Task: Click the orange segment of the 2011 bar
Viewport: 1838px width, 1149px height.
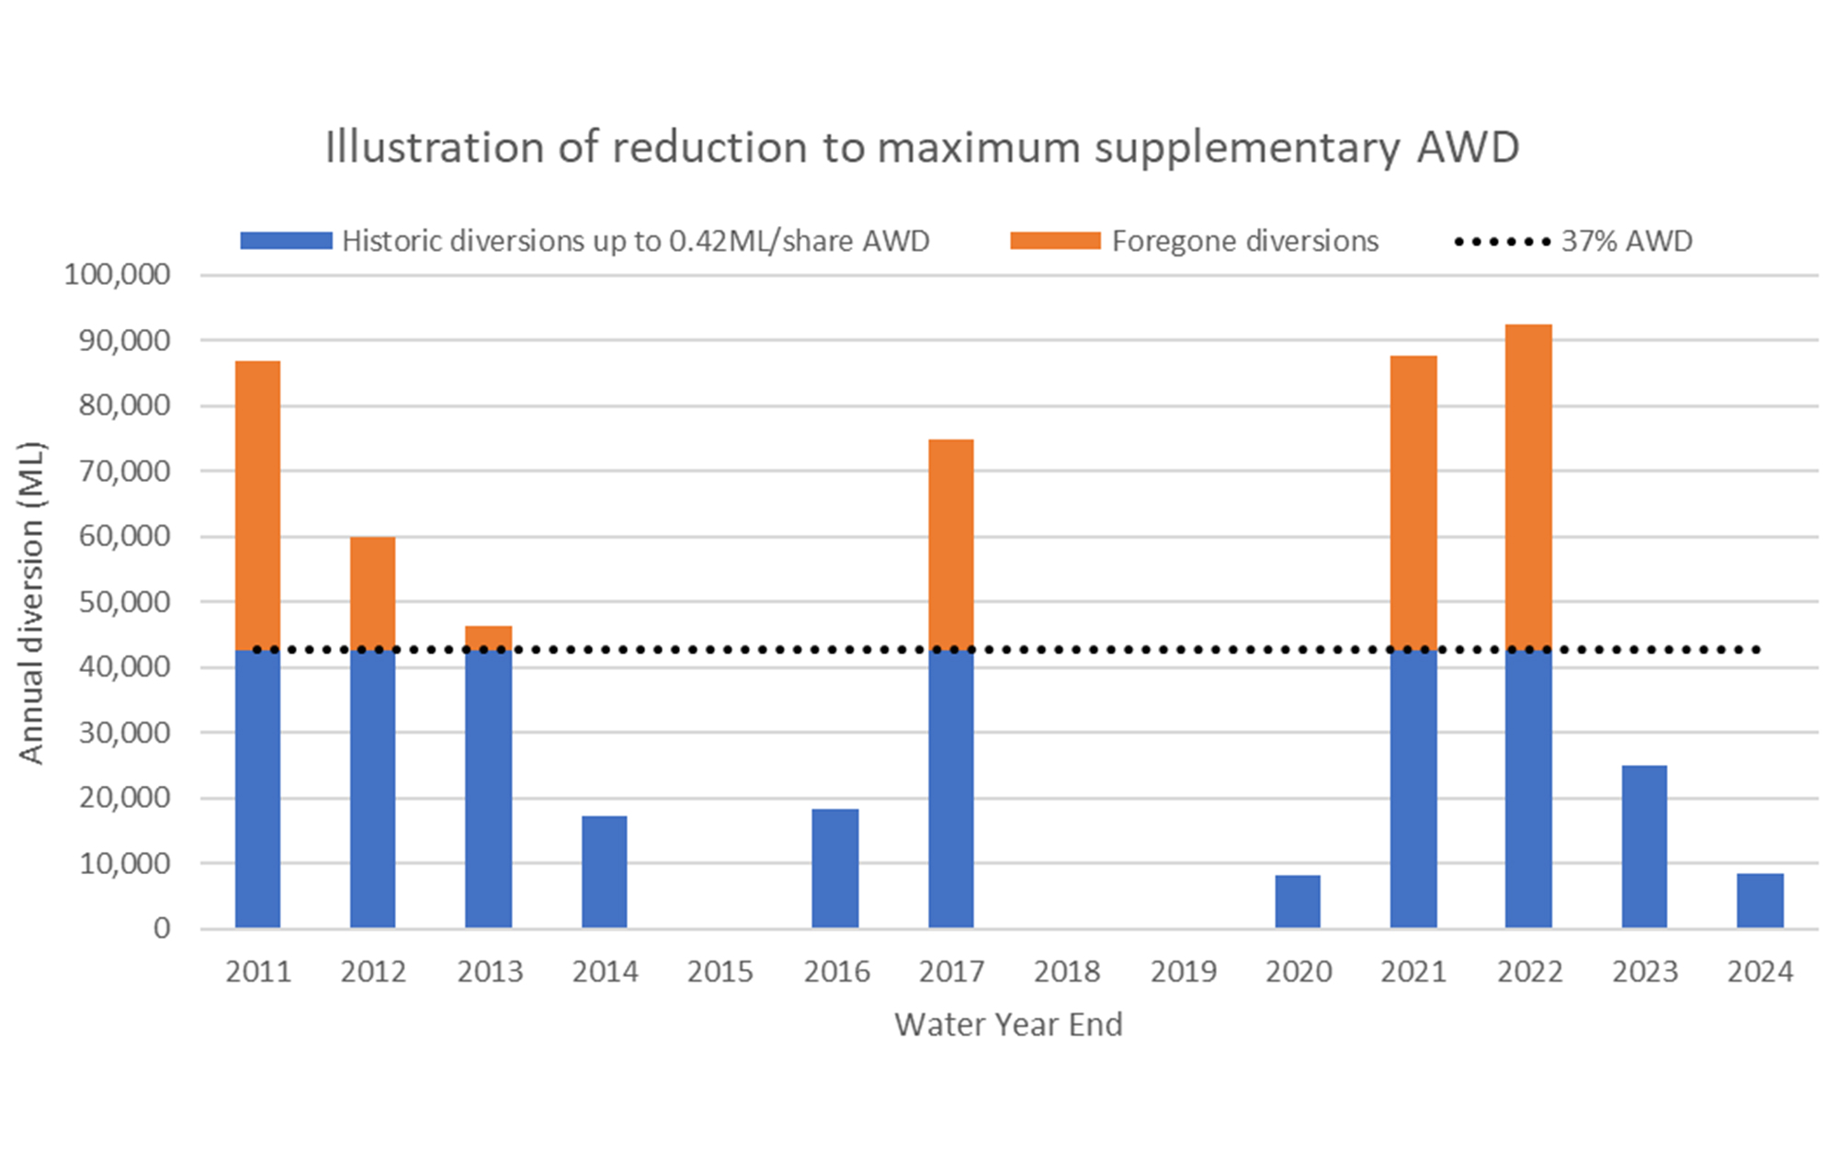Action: tap(258, 506)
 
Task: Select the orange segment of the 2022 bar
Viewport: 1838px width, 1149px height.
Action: tap(1528, 487)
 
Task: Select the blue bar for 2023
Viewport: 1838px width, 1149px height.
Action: tap(1644, 846)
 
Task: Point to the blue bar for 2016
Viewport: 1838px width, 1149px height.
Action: tap(834, 868)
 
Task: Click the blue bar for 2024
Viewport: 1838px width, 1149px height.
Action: tap(1760, 900)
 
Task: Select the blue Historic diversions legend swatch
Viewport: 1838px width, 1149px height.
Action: tap(286, 241)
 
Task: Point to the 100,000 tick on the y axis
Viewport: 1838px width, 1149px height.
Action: tap(117, 274)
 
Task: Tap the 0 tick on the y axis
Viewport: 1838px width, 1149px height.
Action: tap(162, 928)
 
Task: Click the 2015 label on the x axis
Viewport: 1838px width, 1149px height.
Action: tap(720, 972)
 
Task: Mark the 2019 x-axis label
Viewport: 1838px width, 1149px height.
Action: tap(1183, 972)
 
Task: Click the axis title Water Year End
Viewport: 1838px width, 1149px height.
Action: tap(1008, 1024)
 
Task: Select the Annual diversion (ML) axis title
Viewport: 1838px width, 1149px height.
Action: tap(30, 602)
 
